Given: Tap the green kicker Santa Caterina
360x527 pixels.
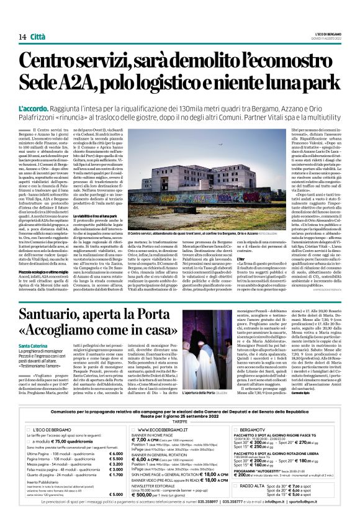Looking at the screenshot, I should click(x=33, y=362).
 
